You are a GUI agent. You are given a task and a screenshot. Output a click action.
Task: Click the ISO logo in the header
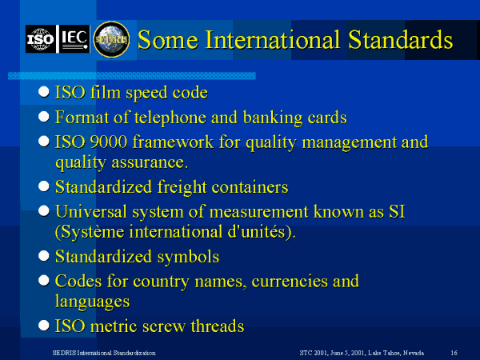coord(41,38)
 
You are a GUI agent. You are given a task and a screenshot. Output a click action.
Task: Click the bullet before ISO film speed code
coord(45,93)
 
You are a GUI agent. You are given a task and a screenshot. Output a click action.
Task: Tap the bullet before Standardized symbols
coord(45,258)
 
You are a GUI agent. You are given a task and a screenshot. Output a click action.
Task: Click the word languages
coord(92,302)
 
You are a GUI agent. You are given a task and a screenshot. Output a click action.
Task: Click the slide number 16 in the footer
coord(454,352)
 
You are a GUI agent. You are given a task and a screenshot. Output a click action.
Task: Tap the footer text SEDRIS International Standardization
coord(99,352)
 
